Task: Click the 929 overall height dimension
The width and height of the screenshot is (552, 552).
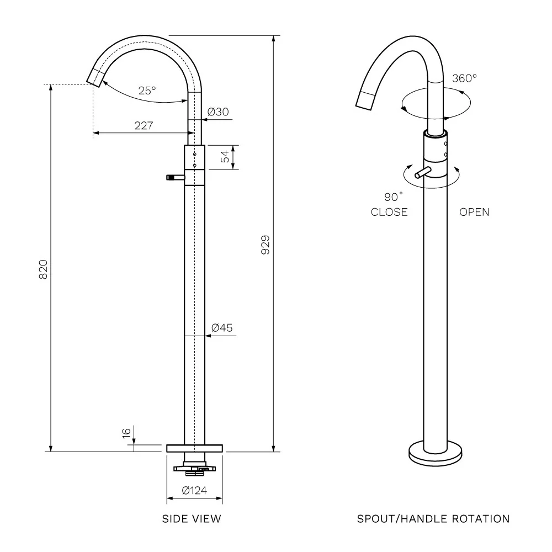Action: [x=266, y=245]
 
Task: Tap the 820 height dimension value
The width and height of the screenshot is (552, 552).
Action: [x=43, y=269]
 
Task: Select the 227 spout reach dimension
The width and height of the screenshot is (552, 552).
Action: [x=144, y=125]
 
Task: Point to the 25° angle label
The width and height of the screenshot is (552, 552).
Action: [x=147, y=91]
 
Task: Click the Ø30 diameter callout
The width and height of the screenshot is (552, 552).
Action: [x=218, y=112]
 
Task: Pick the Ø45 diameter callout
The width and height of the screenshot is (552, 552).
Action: [x=222, y=328]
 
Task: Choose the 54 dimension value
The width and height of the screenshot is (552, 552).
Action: [x=225, y=156]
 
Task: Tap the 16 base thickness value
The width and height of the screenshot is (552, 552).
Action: [x=126, y=433]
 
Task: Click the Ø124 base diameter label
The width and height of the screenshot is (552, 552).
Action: [x=194, y=490]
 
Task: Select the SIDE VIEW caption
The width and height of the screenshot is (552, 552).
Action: [x=192, y=518]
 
